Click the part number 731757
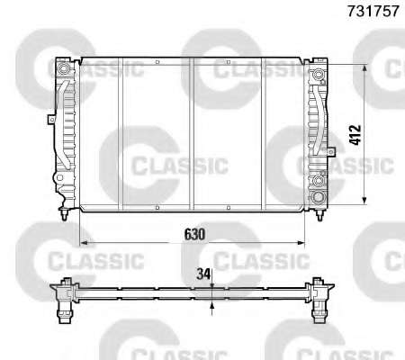pyautogui.click(x=373, y=11)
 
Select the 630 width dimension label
pyautogui.click(x=194, y=234)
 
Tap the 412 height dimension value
pyautogui.click(x=355, y=135)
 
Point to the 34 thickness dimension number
pyautogui.click(x=203, y=274)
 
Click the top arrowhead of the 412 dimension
pyautogui.click(x=364, y=69)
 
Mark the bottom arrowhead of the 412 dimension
pyautogui.click(x=364, y=201)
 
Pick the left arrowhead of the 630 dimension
pyautogui.click(x=85, y=242)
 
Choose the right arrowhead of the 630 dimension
pyautogui.click(x=301, y=242)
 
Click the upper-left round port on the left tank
pyautogui.click(x=63, y=68)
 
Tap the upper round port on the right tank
pyautogui.click(x=318, y=74)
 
